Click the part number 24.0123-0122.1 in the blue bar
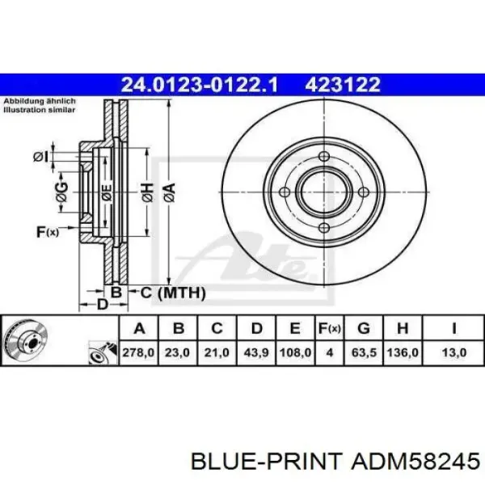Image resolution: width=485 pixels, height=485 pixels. (200, 84)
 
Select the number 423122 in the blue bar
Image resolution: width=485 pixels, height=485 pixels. (343, 84)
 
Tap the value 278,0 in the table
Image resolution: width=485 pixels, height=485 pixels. (138, 352)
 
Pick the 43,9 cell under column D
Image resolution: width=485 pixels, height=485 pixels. (256, 352)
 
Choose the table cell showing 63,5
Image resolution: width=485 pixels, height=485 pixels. (364, 352)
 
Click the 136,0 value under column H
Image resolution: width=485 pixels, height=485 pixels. (403, 352)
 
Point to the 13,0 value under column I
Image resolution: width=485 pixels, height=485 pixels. (454, 352)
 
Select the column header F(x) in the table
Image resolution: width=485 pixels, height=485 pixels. (330, 328)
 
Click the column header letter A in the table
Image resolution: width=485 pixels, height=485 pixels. (140, 328)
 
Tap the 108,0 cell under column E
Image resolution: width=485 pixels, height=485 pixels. (295, 352)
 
